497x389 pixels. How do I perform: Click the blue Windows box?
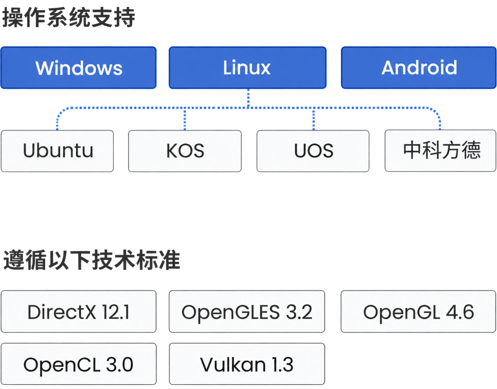(79, 68)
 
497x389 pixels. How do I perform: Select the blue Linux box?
(248, 68)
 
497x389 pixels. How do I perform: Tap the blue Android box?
(419, 68)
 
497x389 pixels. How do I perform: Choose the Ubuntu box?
(57, 151)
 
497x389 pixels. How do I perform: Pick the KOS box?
(185, 151)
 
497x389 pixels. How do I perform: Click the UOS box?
(313, 151)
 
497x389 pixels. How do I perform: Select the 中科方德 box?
(441, 151)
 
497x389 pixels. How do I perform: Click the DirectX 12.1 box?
(79, 311)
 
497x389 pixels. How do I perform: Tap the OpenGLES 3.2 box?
(247, 311)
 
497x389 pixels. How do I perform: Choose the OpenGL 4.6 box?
(418, 311)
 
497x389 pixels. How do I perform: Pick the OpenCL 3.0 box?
(79, 364)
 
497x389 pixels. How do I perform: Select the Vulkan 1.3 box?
(247, 364)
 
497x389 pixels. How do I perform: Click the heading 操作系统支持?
(69, 18)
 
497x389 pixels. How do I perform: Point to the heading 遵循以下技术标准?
(91, 260)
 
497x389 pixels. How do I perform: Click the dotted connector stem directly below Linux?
(248, 98)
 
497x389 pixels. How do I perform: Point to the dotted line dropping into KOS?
(185, 119)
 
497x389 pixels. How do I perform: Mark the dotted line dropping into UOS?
(314, 119)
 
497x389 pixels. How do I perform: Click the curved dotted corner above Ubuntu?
(60, 111)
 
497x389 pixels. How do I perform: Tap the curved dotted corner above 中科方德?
(436, 111)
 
